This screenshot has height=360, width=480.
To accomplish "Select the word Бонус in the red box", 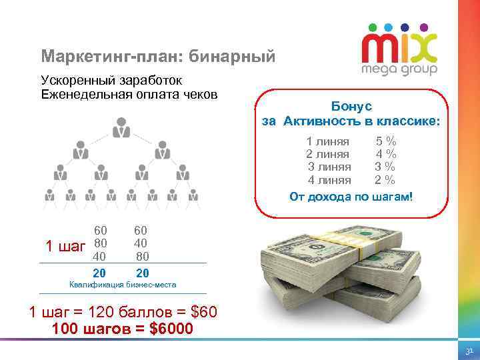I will [351, 107].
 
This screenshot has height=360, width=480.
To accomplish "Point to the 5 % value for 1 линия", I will [386, 141].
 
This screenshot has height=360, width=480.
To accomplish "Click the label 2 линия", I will [328, 154].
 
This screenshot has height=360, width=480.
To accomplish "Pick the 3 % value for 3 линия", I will [385, 167].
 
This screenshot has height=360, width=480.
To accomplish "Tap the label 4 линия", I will [329, 179].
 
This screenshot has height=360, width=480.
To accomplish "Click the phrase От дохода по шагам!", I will [351, 197].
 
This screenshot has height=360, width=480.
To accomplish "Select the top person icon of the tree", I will [121, 127].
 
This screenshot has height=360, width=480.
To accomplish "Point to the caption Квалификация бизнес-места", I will [123, 285].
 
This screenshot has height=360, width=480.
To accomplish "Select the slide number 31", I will [469, 351].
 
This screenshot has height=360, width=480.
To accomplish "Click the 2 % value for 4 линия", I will [385, 179].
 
